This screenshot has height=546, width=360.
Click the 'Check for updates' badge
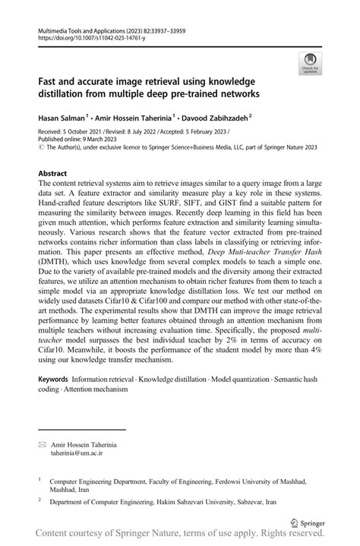point(311,63)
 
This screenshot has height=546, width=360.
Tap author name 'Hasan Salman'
point(62,118)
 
